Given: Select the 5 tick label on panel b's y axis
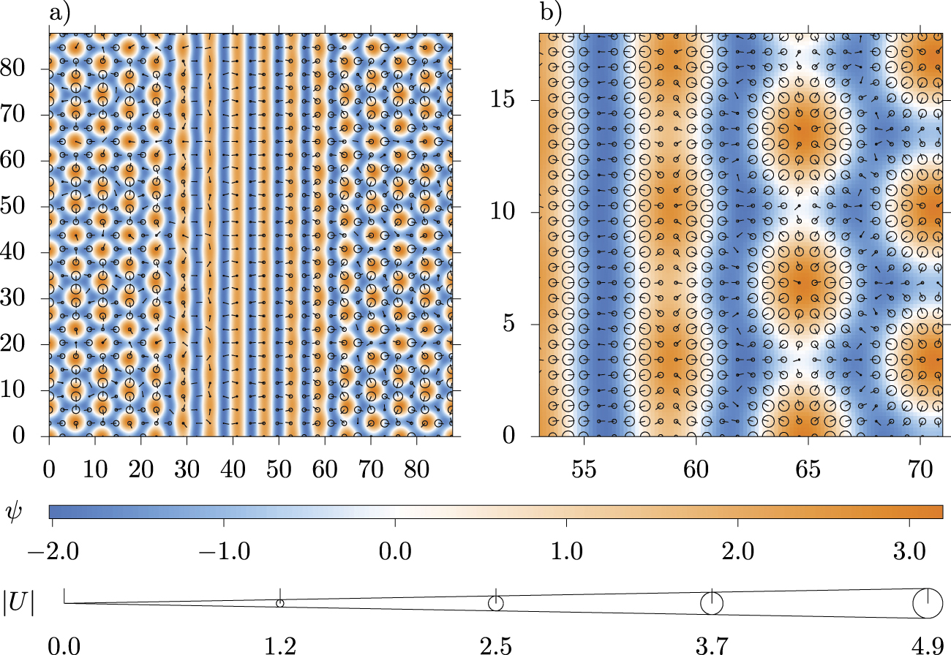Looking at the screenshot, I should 514,324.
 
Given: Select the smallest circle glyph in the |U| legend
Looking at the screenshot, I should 279,603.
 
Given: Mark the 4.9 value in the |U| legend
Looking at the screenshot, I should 928,645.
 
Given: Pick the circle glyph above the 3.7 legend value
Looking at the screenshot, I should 712,604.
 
